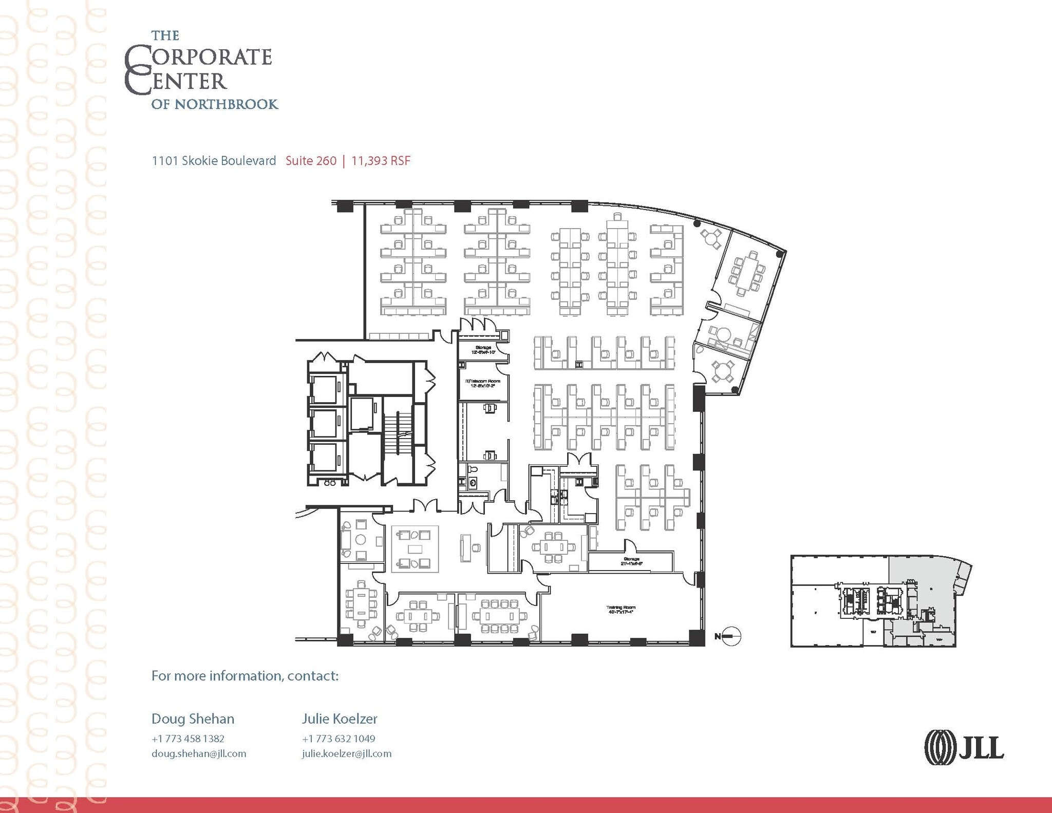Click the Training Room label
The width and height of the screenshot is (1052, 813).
click(621, 610)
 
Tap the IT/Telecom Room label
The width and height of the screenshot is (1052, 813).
click(482, 383)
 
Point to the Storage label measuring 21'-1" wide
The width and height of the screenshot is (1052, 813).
click(631, 561)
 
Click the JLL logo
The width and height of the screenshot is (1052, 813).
click(964, 747)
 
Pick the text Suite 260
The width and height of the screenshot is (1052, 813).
click(311, 161)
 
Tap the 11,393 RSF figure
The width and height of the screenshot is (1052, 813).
click(381, 161)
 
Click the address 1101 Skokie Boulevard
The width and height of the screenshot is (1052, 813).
click(214, 161)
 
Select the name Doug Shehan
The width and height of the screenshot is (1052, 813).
click(193, 719)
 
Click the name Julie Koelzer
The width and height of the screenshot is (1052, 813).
click(340, 719)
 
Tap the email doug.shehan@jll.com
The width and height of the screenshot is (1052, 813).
click(199, 753)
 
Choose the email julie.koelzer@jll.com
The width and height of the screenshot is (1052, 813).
click(347, 753)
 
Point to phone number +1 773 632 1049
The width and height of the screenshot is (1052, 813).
click(339, 739)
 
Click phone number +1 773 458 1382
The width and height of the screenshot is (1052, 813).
click(188, 739)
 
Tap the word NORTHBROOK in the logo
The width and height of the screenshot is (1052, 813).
click(226, 104)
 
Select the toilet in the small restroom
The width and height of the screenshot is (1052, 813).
click(473, 469)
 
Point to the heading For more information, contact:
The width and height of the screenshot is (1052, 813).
click(245, 675)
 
